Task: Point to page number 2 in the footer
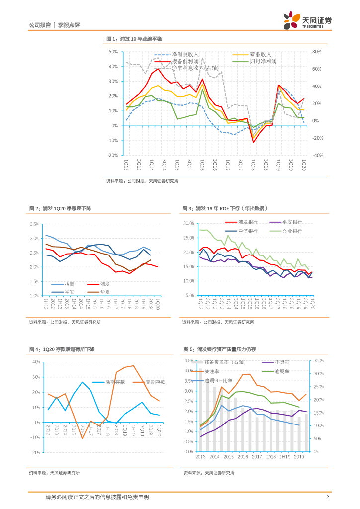tap(328, 497)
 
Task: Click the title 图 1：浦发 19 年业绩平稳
tap(134, 39)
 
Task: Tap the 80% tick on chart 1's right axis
tap(317, 52)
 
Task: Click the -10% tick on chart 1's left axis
tap(112, 141)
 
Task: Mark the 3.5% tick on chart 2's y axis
tap(34, 224)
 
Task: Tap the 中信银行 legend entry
tap(248, 231)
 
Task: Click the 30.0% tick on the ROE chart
tap(189, 224)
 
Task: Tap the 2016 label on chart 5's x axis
tap(243, 457)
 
